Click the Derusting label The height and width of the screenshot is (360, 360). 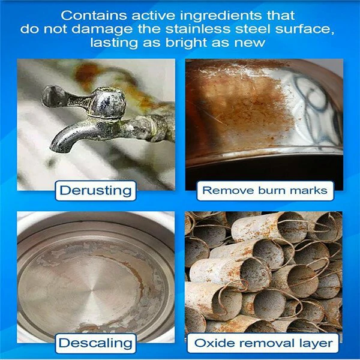point(96,191)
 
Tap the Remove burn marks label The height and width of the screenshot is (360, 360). point(265,191)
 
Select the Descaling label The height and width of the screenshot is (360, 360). point(96,343)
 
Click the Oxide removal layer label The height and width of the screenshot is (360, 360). point(263,343)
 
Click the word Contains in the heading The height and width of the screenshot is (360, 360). point(94,16)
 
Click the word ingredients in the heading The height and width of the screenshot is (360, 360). point(221,16)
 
